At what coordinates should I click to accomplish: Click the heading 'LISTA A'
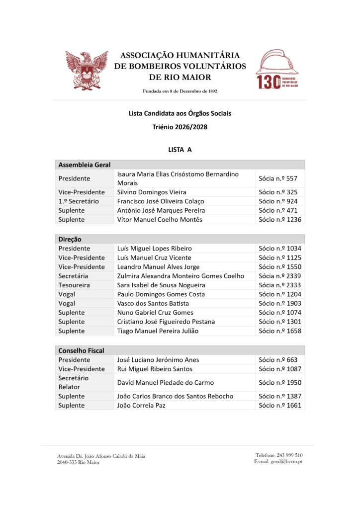point(180,149)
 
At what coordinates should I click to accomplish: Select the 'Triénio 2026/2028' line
point(180,127)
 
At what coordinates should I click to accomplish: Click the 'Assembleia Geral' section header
point(85,165)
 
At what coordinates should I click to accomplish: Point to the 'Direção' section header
point(70,239)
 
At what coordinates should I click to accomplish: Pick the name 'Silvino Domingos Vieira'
point(152,192)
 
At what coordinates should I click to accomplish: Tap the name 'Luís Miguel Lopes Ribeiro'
point(155,248)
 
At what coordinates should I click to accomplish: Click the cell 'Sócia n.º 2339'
point(280,276)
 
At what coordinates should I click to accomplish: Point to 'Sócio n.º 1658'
point(280,331)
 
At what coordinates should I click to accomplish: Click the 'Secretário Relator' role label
point(74,382)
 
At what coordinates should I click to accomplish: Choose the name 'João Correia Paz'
point(141,405)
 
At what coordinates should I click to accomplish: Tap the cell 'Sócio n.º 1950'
point(280,382)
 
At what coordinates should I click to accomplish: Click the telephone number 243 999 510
point(279,455)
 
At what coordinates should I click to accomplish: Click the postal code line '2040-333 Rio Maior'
point(78,462)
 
